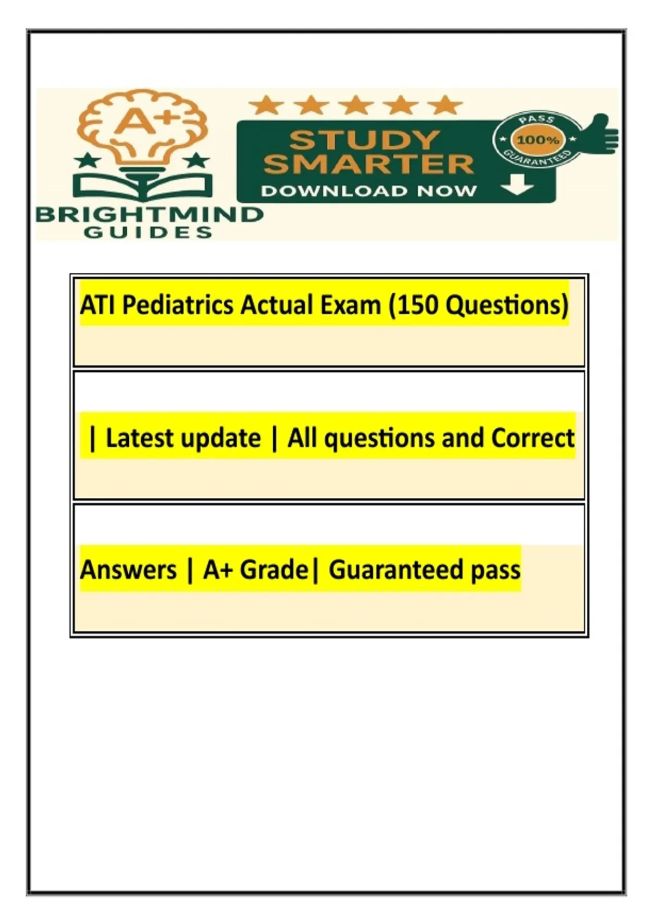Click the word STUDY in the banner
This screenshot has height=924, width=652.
(x=363, y=140)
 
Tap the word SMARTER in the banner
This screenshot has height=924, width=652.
(x=368, y=164)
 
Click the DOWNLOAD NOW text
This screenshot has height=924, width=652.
(x=368, y=191)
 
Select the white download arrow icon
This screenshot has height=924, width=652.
(x=518, y=184)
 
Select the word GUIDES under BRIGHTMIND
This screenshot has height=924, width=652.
(x=148, y=233)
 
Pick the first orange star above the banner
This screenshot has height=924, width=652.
(x=267, y=105)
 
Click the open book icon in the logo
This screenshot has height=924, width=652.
(x=143, y=186)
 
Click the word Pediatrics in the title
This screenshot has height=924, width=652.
(x=178, y=307)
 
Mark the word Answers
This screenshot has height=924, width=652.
(x=128, y=570)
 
